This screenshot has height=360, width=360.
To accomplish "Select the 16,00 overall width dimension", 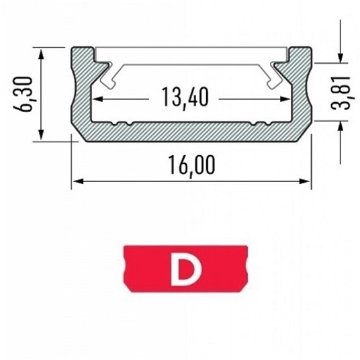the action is [192, 165].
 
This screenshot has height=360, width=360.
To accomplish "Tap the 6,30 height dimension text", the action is [24, 95].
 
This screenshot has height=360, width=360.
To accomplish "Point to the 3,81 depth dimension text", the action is [341, 93].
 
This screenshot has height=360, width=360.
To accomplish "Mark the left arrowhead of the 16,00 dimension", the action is [78, 181].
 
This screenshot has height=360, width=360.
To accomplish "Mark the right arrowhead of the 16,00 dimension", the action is [304, 181].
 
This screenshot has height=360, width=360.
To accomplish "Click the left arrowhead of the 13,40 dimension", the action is [97, 99].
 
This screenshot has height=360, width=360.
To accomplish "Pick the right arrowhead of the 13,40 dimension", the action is [285, 99].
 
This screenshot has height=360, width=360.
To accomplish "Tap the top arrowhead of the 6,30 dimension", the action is [41, 54].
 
